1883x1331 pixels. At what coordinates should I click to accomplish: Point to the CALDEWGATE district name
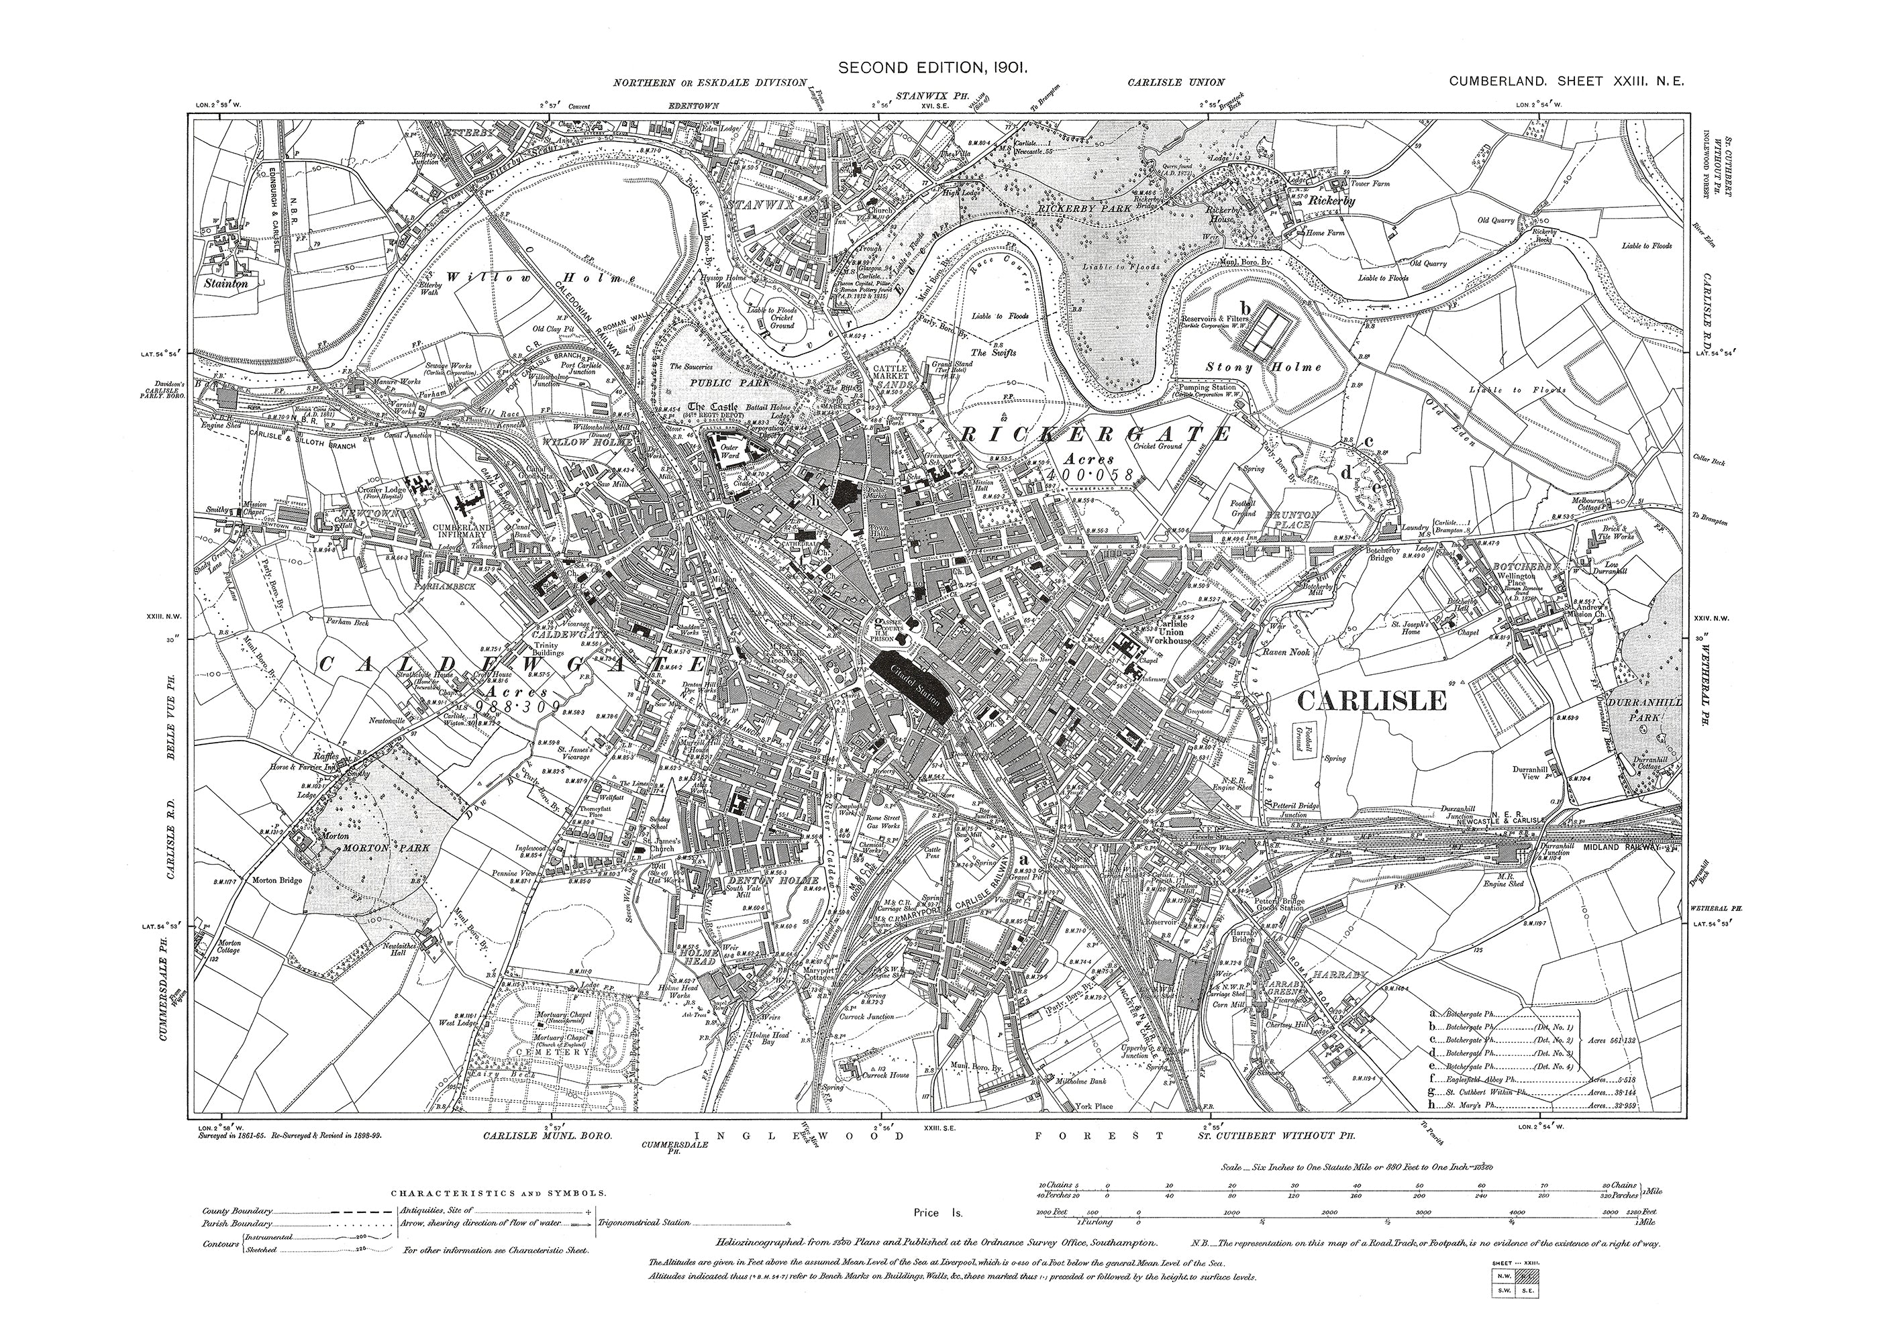(x=509, y=663)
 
